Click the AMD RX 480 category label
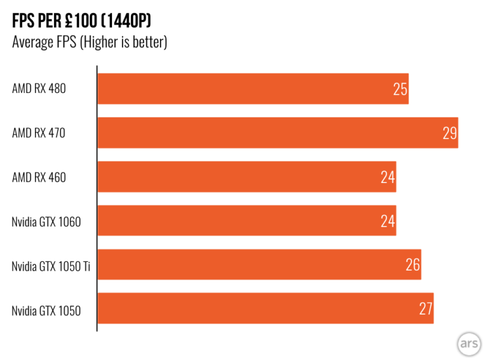coord(39,89)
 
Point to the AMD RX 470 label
coord(39,133)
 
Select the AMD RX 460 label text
coord(39,177)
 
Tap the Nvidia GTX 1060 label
coord(46,221)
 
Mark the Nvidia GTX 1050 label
coord(46,309)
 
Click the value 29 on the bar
coord(450,133)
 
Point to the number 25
coord(400,89)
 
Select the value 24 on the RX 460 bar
coord(387,178)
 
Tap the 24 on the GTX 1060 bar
coord(387,222)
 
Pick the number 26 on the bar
coord(412,266)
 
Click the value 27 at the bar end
coord(426,309)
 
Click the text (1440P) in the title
coord(122,22)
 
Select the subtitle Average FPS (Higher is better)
coord(89,42)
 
